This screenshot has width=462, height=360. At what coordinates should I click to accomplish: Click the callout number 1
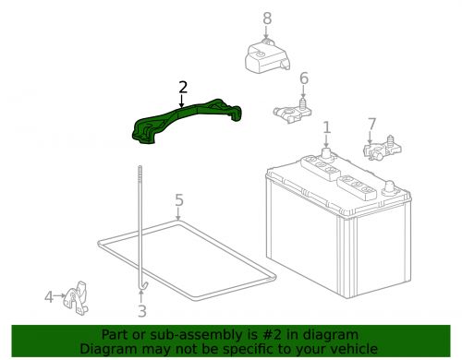(325, 126)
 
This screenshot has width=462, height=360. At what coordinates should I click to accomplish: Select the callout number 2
(182, 88)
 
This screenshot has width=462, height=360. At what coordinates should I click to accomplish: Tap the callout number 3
(141, 311)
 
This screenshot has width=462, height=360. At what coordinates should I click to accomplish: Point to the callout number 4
(49, 297)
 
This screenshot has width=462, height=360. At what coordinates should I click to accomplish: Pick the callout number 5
(179, 199)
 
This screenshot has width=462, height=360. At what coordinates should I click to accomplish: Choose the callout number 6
(303, 78)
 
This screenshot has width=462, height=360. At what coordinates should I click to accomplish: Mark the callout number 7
(371, 123)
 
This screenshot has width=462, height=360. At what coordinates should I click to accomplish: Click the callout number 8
(267, 18)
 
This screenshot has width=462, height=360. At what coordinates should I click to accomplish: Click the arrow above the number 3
(141, 297)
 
